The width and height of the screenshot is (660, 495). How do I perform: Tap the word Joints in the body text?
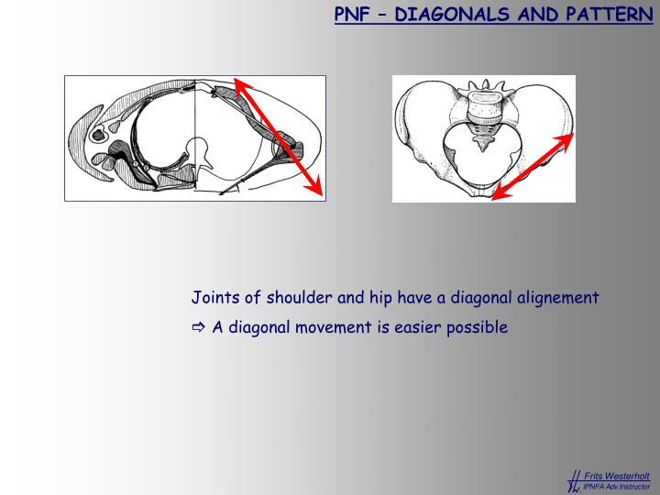click(x=213, y=298)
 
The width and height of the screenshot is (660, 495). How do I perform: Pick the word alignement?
click(x=556, y=298)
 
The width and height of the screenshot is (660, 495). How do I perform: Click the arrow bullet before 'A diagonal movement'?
click(x=199, y=327)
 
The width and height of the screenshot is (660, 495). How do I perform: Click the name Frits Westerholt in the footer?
click(x=617, y=476)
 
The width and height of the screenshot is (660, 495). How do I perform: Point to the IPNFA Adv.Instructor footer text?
click(x=616, y=486)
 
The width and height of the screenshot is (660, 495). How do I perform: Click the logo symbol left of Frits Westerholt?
click(x=575, y=480)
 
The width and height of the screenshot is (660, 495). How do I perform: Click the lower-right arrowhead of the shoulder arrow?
click(x=318, y=190)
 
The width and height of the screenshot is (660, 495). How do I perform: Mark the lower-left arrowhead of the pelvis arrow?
click(x=497, y=193)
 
